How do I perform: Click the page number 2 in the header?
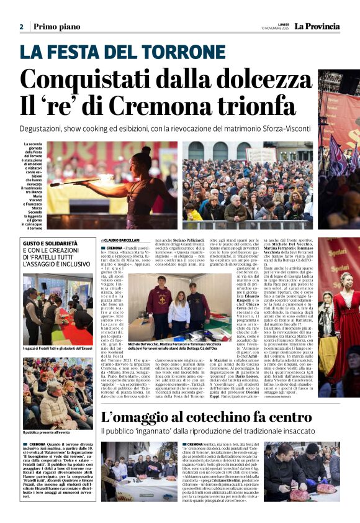pyautogui.click(x=22, y=27)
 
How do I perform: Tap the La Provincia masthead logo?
pyautogui.click(x=317, y=27)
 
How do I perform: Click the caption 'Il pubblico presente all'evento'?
pyautogui.click(x=47, y=432)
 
